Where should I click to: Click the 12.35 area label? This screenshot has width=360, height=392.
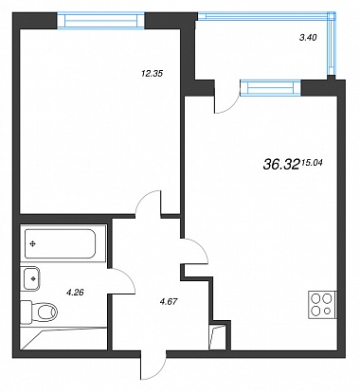pyautogui.click(x=152, y=74)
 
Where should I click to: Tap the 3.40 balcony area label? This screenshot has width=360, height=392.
pyautogui.click(x=308, y=38)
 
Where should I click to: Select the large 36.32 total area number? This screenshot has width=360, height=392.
pyautogui.click(x=280, y=164)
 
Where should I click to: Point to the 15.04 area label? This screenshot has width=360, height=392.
pyautogui.click(x=312, y=163)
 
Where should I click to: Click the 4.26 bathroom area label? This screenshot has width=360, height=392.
pyautogui.click(x=75, y=293)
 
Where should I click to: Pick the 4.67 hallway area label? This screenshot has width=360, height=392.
pyautogui.click(x=169, y=302)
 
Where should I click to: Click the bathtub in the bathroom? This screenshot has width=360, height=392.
pyautogui.click(x=60, y=243)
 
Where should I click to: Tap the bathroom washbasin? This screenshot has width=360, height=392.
pyautogui.click(x=30, y=278)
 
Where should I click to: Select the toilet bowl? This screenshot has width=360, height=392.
pyautogui.click(x=39, y=312)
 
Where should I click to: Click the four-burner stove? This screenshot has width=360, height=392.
pyautogui.click(x=322, y=305)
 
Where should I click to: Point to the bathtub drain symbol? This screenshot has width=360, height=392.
pyautogui.click(x=32, y=243)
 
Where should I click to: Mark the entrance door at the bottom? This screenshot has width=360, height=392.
pyautogui.click(x=153, y=366)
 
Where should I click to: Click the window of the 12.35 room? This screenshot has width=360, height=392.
pyautogui.click(x=101, y=21)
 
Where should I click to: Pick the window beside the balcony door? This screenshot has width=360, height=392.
pyautogui.click(x=270, y=87)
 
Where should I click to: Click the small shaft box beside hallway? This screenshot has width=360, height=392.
pyautogui.click(x=217, y=337)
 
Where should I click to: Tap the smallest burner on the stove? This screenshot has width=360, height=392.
pyautogui.click(x=328, y=312)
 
